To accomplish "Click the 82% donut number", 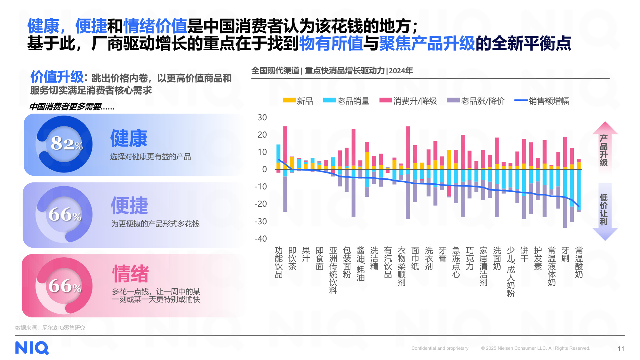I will pos(66,144).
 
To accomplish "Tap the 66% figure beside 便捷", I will pos(65,215).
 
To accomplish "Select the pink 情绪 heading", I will pos(131,274).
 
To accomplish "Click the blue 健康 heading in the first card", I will pos(129,139).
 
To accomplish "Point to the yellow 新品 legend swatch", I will pos(289,100).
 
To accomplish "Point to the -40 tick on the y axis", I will pos(260,239).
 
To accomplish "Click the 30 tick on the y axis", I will pos(262,117).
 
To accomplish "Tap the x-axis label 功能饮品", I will pos(279,262).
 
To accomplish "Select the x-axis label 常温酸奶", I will pos(579,262).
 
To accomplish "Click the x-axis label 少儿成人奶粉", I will pos(511,272).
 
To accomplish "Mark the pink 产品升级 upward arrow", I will pos(604,147).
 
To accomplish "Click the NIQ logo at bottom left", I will pos(32,348).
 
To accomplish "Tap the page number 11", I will pos(621,349).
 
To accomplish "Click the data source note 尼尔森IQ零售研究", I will pos(64,328).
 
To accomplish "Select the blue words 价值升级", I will pos(57,77).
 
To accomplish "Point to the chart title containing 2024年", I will pos(332,71).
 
